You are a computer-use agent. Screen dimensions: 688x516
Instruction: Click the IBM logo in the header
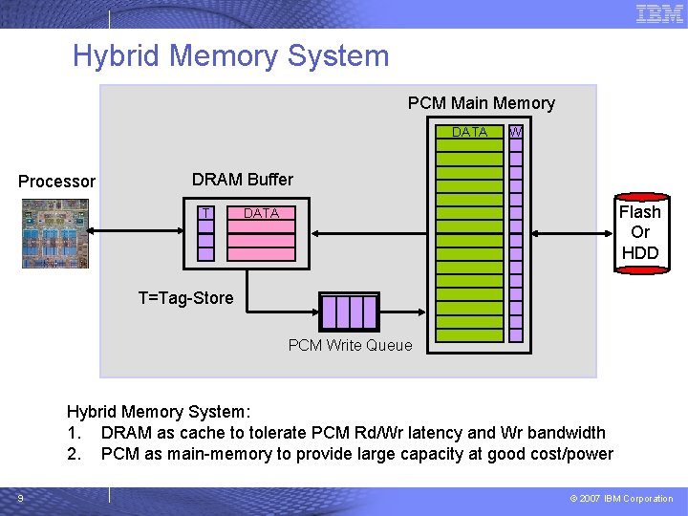coord(659,13)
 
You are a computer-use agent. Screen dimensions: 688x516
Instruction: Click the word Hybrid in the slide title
coord(116,55)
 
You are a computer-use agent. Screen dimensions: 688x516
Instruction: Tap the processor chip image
coord(55,233)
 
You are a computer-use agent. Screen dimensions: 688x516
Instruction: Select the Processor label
coord(56,182)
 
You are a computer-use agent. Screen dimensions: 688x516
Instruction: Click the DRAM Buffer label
coord(242,179)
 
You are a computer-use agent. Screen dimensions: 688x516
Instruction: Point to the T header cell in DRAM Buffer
coord(205,213)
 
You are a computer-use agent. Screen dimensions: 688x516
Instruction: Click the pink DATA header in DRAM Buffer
coord(262,213)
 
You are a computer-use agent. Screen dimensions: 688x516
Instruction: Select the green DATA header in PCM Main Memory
coord(469,132)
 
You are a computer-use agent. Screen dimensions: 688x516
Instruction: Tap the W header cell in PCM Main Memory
coord(516,132)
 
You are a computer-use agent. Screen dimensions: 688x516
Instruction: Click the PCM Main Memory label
coord(482,103)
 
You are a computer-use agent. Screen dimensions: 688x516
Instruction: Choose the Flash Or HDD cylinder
coord(641,233)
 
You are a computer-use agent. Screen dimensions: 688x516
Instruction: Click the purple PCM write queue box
coord(350,312)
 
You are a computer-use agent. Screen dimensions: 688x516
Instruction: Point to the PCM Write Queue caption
coord(350,345)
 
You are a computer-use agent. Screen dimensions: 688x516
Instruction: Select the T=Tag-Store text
coord(185,298)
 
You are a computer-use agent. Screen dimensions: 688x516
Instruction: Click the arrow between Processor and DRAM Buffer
coord(136,231)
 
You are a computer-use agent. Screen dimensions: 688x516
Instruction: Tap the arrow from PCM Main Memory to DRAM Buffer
coord(369,233)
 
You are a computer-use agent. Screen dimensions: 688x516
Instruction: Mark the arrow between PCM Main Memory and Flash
coord(571,233)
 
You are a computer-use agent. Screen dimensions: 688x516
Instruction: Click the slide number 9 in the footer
coord(21,499)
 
